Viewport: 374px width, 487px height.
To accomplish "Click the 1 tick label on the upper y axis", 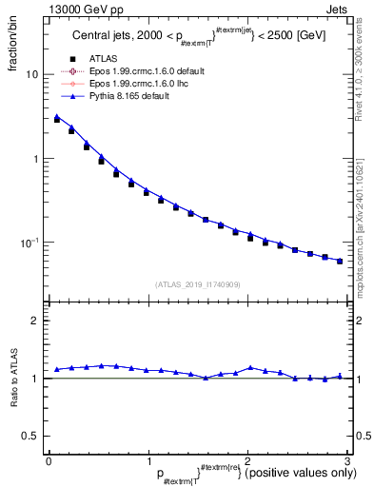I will coord(36,159).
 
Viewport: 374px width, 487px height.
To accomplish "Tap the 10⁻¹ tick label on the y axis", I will coord(31,243).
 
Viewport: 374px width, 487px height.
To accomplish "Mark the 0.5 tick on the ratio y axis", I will coord(32,436).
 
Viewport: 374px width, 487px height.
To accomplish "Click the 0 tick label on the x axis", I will coord(49,459).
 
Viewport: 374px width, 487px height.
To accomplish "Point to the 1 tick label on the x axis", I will coord(148,459).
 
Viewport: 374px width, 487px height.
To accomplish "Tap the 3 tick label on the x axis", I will coord(348,459).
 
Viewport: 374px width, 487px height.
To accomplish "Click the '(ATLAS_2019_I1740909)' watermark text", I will coord(198,284).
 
